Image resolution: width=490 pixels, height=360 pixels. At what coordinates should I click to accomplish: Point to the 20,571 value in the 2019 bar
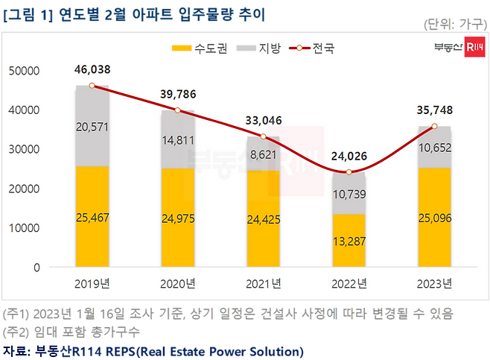click(x=92, y=127)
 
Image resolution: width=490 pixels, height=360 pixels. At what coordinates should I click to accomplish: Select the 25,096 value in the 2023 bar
click(x=434, y=218)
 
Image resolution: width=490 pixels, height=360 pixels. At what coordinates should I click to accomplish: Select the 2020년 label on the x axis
click(x=179, y=283)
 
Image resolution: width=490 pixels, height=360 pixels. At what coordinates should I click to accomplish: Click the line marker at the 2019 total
click(x=92, y=86)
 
